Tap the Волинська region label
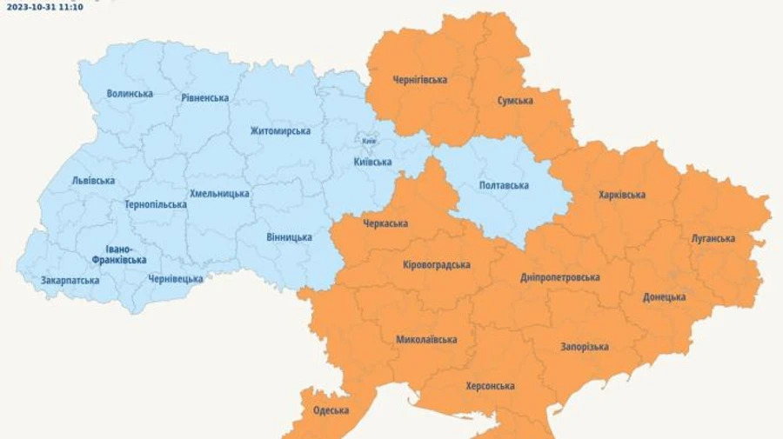(130, 93)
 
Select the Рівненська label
(205, 97)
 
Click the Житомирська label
(280, 130)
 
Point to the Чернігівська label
(419, 79)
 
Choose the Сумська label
(515, 100)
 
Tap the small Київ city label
(369, 141)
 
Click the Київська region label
(372, 162)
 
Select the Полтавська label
(504, 185)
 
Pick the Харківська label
(622, 195)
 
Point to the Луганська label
(713, 238)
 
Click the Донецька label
(664, 296)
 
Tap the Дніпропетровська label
(560, 276)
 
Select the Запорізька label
(584, 346)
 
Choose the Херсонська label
(490, 386)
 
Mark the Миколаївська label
(426, 339)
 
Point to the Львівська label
(93, 181)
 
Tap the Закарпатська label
(70, 280)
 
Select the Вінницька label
(289, 236)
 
